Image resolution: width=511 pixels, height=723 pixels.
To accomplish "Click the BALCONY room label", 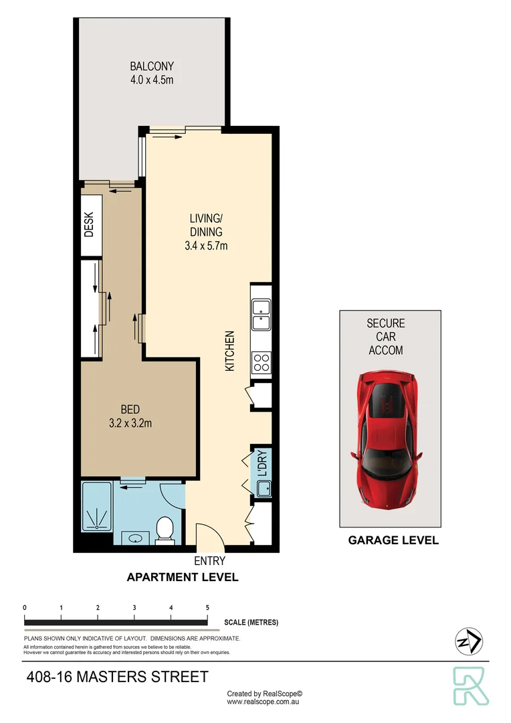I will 152,66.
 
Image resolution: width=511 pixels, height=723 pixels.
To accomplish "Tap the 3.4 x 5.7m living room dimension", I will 206,246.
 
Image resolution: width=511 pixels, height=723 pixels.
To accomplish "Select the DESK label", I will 90,225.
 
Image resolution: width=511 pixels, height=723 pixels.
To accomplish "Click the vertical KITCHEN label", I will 229,351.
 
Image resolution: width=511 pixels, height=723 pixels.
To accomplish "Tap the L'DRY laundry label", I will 262,463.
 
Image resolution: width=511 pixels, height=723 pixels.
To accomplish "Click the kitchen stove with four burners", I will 261,363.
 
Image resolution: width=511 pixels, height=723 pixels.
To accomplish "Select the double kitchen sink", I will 260,316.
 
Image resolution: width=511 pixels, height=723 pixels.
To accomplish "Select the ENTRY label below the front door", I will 209,561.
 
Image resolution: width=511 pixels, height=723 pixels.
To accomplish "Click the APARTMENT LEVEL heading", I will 183,577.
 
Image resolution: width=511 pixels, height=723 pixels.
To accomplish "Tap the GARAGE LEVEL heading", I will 393,540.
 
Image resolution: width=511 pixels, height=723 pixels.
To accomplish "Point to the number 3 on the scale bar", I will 134,608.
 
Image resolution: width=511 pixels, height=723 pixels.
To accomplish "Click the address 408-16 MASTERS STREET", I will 116,677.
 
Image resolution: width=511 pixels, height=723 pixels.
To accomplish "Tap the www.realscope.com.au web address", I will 265,703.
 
